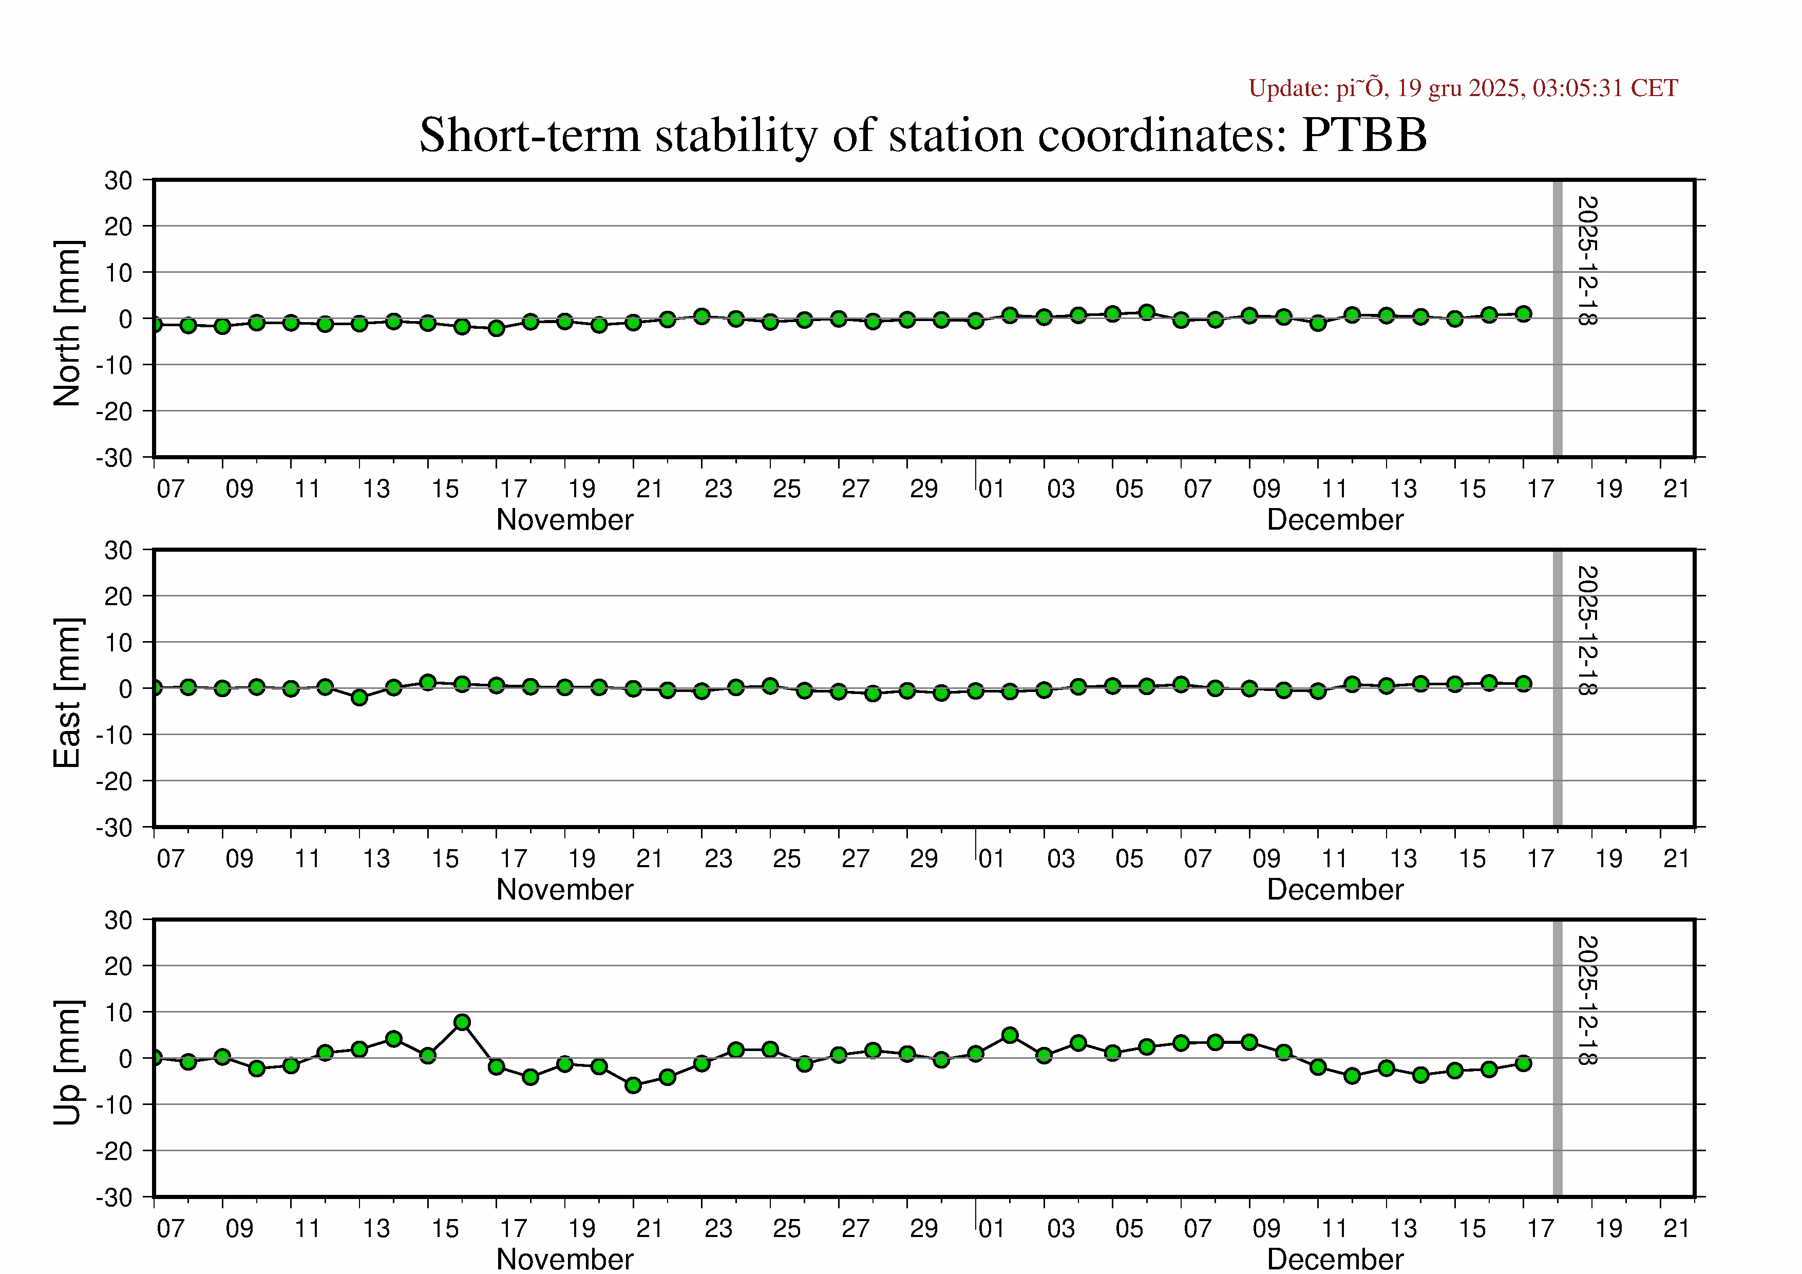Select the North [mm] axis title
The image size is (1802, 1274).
point(67,324)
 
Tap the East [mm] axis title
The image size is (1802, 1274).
point(67,692)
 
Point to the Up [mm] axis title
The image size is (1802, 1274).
point(67,1062)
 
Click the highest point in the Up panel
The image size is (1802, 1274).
point(462,1022)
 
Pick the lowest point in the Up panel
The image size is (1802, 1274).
point(633,1085)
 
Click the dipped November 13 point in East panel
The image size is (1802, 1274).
point(359,697)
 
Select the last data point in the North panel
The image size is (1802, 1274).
point(1523,314)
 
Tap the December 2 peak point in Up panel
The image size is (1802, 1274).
point(1010,1035)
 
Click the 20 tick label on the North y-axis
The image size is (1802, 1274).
point(118,227)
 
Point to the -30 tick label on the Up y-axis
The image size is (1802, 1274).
point(115,1198)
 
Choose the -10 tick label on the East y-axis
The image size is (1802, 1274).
point(115,736)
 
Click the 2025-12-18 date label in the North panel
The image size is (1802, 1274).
point(1587,260)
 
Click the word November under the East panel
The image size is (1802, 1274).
point(564,889)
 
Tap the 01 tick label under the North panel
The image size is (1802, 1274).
point(991,489)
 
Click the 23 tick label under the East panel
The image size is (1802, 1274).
point(718,859)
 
